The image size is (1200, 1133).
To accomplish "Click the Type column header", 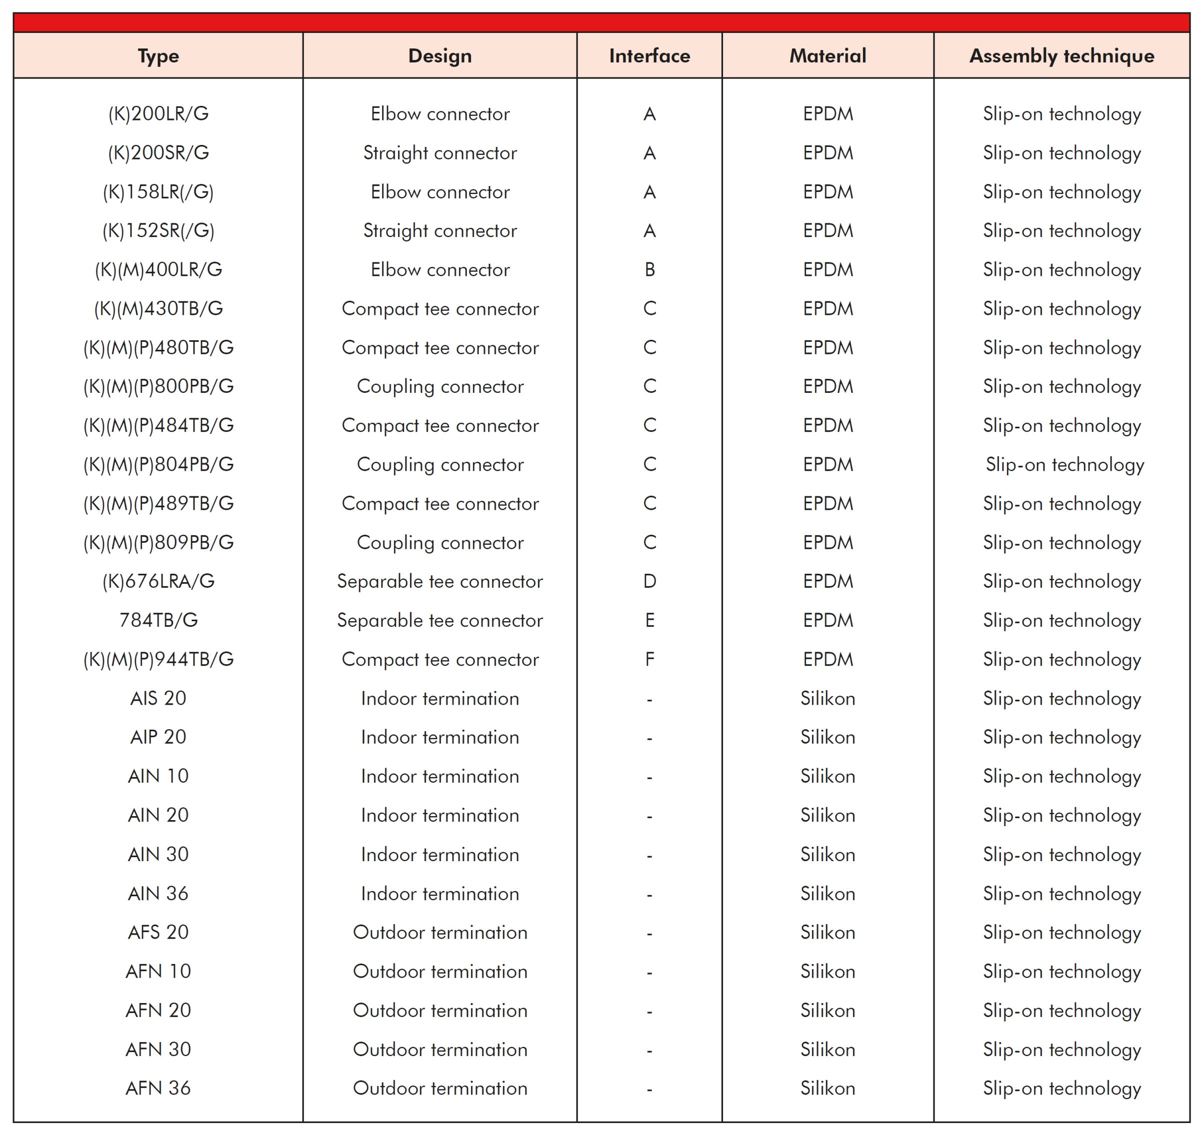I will click(x=158, y=55).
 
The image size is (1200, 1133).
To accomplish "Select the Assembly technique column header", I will click(x=1061, y=55).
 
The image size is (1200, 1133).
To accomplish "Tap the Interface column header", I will click(x=649, y=55).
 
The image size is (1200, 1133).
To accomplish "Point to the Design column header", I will click(x=440, y=55).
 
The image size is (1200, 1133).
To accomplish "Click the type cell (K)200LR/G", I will click(x=158, y=113).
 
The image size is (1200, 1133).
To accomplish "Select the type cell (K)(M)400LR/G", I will click(x=158, y=269).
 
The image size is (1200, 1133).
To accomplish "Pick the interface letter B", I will click(x=649, y=269).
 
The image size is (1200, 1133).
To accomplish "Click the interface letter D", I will click(x=649, y=581).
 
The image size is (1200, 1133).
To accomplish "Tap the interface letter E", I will click(x=649, y=620).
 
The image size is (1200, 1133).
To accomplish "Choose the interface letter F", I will click(x=649, y=659).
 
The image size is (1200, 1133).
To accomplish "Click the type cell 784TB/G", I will click(x=158, y=620).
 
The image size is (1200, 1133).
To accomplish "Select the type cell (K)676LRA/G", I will click(x=158, y=581).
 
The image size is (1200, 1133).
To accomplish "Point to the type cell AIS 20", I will click(x=158, y=698).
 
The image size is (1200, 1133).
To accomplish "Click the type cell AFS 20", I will click(x=158, y=932).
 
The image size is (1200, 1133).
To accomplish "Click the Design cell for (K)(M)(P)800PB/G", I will click(x=440, y=386).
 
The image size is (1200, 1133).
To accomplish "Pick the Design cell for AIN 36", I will click(x=440, y=893).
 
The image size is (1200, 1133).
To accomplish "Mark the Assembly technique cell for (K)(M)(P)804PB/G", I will click(x=1064, y=464).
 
